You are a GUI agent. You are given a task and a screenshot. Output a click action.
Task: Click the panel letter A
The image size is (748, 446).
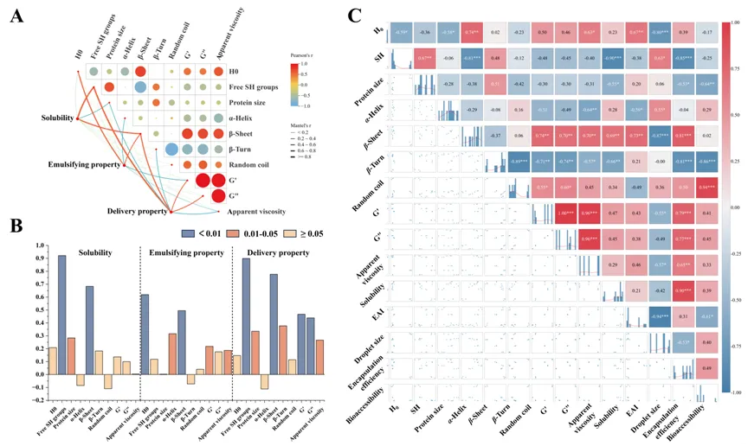pos(16,16)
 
